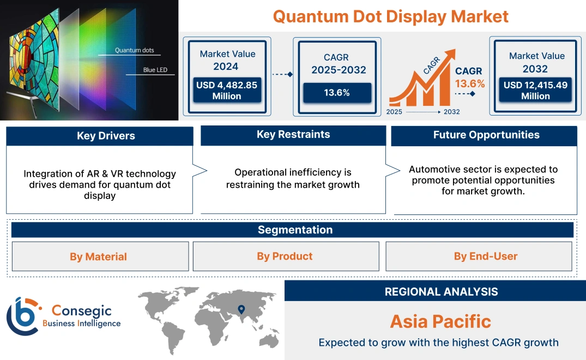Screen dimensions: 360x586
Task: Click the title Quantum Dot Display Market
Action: [x=390, y=16]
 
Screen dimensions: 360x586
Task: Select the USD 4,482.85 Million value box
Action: [x=227, y=91]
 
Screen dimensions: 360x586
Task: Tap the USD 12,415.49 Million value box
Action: [x=535, y=91]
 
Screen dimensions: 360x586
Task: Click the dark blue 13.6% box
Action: [x=337, y=93]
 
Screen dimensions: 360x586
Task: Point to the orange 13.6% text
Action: [x=469, y=83]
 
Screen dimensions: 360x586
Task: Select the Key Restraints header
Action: [x=293, y=135]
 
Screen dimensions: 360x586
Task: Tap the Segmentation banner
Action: [x=295, y=230]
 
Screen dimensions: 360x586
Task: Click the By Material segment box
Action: [x=98, y=256]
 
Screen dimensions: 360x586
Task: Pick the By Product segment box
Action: [x=285, y=256]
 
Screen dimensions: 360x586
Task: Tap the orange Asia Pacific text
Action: [x=440, y=321]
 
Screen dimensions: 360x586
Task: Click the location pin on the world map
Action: [x=241, y=310]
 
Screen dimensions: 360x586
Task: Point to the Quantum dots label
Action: [x=134, y=50]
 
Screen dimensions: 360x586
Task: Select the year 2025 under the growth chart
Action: [x=395, y=112]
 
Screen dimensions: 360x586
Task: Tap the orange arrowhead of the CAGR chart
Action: [x=450, y=54]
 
